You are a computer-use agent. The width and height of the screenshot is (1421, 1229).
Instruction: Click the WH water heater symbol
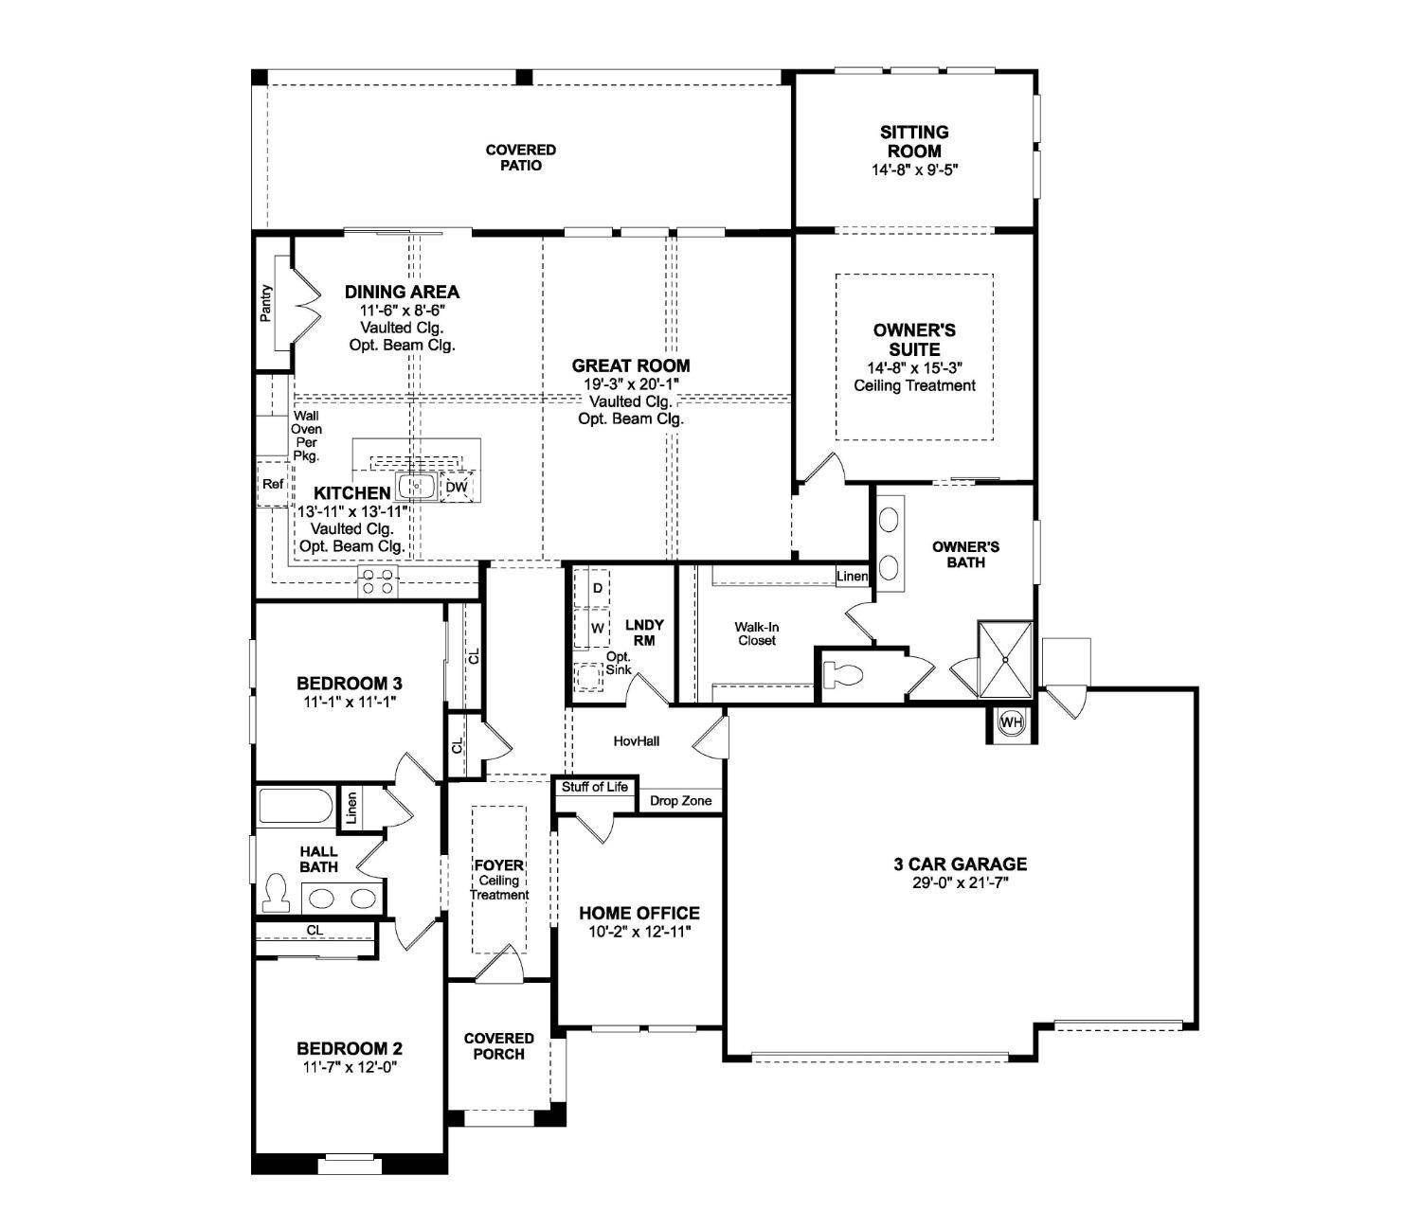(x=1012, y=722)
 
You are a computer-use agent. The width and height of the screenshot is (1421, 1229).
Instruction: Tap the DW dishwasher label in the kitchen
(x=457, y=487)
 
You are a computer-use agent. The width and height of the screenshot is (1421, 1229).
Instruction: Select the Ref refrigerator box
(x=273, y=484)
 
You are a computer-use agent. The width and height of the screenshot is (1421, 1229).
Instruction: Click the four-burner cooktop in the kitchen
(x=377, y=581)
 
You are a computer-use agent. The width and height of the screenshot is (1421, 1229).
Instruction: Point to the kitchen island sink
(x=416, y=487)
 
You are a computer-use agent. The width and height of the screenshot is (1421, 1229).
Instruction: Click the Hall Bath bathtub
(x=296, y=808)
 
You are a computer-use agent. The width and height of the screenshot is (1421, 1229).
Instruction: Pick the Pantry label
(x=266, y=302)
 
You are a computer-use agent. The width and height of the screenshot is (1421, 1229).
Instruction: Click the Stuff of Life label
(x=595, y=787)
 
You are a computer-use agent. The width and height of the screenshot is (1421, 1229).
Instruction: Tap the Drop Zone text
(x=680, y=801)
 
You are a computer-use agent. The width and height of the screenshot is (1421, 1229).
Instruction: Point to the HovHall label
(x=637, y=740)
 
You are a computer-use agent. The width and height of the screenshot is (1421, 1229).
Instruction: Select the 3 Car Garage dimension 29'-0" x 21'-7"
(x=960, y=882)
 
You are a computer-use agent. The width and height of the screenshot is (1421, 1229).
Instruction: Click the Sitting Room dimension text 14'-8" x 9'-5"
(x=913, y=170)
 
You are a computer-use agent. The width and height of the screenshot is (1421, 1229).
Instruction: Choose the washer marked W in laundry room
(x=597, y=628)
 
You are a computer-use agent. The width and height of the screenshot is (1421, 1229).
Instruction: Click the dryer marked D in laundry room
(x=597, y=588)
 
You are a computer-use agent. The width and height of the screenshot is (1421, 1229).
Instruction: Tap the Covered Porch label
(x=498, y=1046)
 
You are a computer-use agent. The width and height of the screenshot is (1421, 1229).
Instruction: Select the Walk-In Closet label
(x=756, y=633)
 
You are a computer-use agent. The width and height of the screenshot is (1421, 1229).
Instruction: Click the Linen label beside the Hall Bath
(x=351, y=808)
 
